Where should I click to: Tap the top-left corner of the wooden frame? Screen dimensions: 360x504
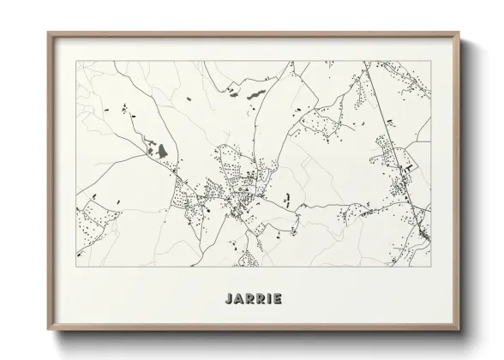47,33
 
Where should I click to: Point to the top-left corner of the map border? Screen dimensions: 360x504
76,61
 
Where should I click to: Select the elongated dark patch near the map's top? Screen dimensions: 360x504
255,92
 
